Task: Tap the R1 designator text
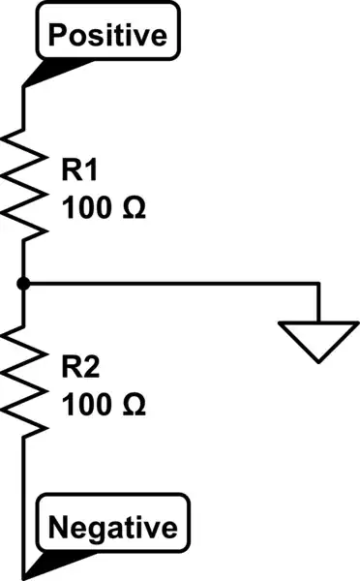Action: [81, 170]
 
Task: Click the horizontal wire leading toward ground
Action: [174, 283]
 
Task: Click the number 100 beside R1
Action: [86, 208]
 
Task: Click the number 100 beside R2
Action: [86, 405]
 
